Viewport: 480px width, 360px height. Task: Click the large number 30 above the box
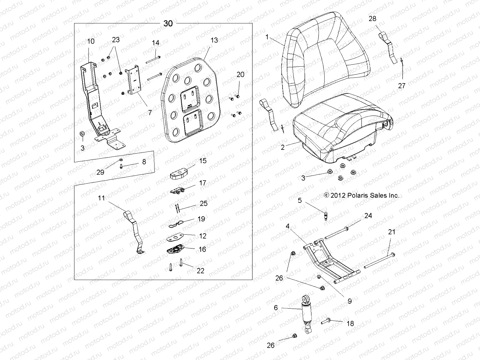point(168,23)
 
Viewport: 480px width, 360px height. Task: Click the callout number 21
point(391,232)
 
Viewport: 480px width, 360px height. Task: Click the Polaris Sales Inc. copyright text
point(361,196)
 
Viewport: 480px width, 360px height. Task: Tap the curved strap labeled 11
point(135,231)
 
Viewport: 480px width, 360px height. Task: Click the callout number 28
point(372,19)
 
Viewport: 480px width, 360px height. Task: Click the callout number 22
point(200,271)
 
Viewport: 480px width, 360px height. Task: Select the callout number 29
point(100,172)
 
